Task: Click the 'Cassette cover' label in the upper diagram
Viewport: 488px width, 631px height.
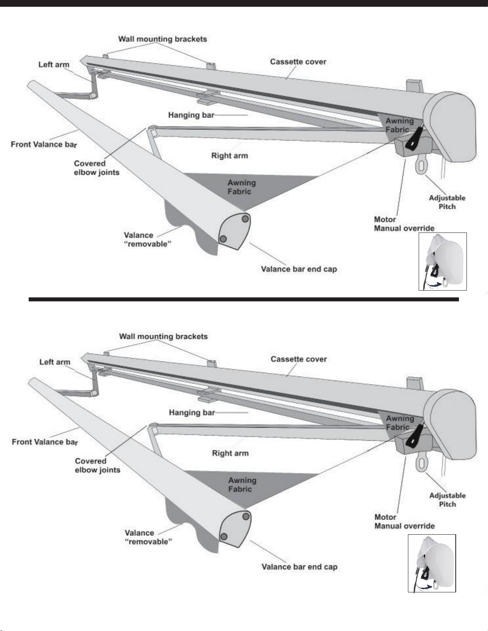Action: (x=298, y=62)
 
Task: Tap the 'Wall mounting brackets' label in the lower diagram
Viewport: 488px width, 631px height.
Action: (x=163, y=336)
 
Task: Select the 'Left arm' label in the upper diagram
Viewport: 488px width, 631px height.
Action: (x=54, y=64)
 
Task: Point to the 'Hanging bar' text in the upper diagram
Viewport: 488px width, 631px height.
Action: (x=191, y=115)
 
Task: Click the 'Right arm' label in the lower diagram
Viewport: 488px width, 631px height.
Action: (x=230, y=453)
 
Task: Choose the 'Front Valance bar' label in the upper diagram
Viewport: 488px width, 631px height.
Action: (x=44, y=144)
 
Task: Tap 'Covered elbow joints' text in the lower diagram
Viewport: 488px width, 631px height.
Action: (x=97, y=465)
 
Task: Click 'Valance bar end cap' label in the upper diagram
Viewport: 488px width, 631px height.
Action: (x=299, y=269)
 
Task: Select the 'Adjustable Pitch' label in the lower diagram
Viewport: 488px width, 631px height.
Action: (x=447, y=500)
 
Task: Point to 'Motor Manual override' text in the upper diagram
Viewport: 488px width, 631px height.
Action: (x=404, y=224)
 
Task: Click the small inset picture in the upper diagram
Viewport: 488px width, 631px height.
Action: (x=442, y=262)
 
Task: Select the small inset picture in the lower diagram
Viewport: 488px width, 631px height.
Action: (x=431, y=563)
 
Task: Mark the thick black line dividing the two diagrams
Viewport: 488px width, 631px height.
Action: (x=244, y=299)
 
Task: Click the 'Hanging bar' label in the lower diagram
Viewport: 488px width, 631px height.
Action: (x=192, y=412)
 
